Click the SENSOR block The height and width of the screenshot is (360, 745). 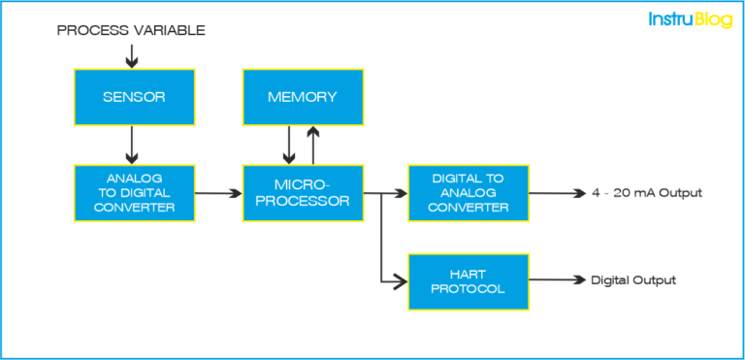(134, 97)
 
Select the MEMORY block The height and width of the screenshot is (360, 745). (303, 97)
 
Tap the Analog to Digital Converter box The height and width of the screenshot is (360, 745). (134, 192)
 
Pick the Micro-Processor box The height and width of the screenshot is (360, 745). (303, 192)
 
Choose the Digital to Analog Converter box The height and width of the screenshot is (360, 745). (469, 192)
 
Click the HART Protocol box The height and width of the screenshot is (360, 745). (469, 280)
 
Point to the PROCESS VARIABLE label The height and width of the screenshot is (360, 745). (131, 30)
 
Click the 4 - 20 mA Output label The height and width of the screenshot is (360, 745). (646, 193)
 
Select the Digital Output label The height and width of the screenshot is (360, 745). (633, 280)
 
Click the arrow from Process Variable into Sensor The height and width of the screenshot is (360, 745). (132, 54)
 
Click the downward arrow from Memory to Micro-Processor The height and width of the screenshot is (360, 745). (288, 145)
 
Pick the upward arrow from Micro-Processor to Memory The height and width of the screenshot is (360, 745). (311, 145)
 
